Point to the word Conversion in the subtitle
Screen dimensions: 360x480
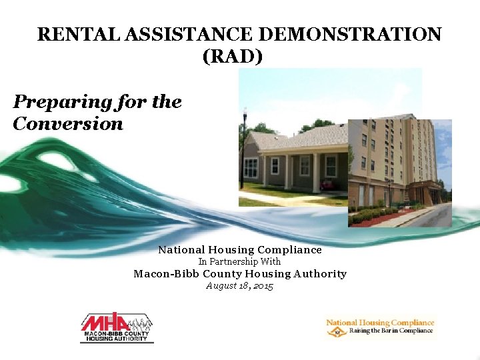click(67, 124)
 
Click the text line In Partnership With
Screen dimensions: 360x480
click(239, 262)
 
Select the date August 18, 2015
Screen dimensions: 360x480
click(239, 286)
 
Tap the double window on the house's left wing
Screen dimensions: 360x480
click(251, 168)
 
